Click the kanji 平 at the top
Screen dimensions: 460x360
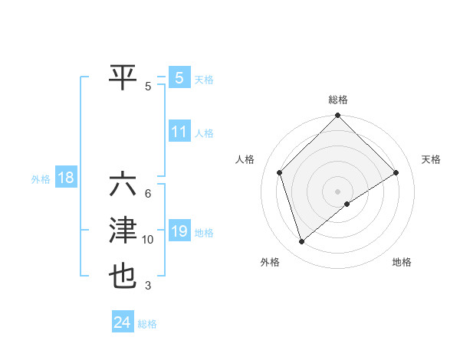[x=123, y=77]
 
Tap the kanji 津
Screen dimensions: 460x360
[x=123, y=231]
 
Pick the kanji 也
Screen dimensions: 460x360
[x=123, y=276]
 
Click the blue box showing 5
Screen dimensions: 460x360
[x=179, y=77]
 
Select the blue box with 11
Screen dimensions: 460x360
[x=179, y=132]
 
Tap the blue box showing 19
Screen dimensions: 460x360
[x=179, y=231]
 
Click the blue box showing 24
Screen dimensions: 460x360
[x=122, y=322]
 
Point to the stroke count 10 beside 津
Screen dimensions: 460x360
[x=148, y=240]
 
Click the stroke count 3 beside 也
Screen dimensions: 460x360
[x=148, y=286]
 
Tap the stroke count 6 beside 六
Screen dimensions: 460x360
[x=148, y=193]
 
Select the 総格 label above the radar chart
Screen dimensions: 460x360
[x=337, y=100]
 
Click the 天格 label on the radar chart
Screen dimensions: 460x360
[x=432, y=159]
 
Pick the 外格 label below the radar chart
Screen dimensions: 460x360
[x=270, y=262]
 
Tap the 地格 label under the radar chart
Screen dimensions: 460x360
[x=402, y=262]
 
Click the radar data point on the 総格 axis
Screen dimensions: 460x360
[x=337, y=116]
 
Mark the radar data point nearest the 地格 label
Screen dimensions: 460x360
[x=347, y=204]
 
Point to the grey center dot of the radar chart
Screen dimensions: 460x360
[x=337, y=191]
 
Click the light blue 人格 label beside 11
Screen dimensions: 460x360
[x=204, y=133]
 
